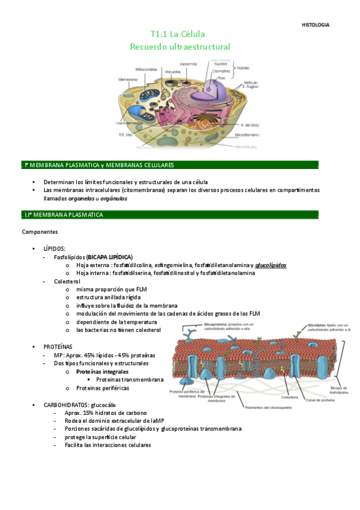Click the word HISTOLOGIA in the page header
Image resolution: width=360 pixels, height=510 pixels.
click(315, 25)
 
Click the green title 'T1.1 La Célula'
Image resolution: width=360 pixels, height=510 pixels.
click(180, 34)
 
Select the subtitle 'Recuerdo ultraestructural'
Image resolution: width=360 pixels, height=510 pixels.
click(180, 46)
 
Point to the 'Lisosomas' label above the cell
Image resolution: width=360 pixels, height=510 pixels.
click(188, 63)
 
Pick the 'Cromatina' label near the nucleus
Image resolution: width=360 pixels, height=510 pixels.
click(221, 70)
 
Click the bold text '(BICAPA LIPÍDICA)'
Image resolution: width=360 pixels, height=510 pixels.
click(109, 257)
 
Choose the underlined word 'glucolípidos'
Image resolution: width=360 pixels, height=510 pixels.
click(270, 265)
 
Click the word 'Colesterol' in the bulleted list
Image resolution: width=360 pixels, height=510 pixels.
click(67, 281)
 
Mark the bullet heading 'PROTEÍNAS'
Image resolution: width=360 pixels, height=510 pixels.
click(58, 347)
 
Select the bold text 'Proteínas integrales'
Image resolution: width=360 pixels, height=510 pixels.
click(102, 372)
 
